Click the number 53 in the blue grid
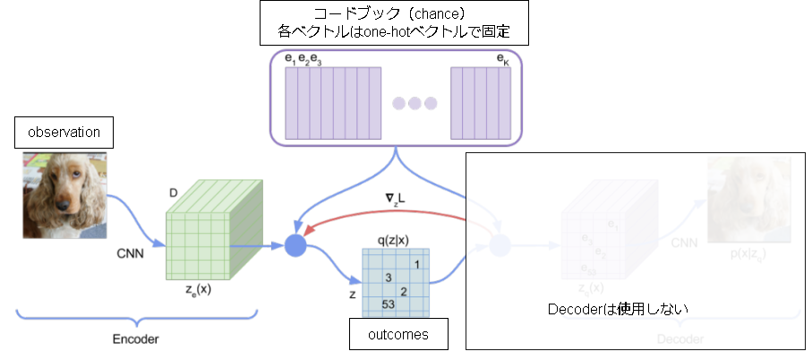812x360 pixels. pyautogui.click(x=388, y=304)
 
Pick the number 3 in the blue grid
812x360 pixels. pyautogui.click(x=389, y=279)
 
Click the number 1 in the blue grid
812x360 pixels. pyautogui.click(x=417, y=264)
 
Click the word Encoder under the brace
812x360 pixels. pyautogui.click(x=137, y=340)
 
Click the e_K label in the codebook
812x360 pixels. pyautogui.click(x=502, y=59)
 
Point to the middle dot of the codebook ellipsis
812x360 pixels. pyautogui.click(x=415, y=102)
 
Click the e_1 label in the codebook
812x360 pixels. pyautogui.click(x=290, y=59)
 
